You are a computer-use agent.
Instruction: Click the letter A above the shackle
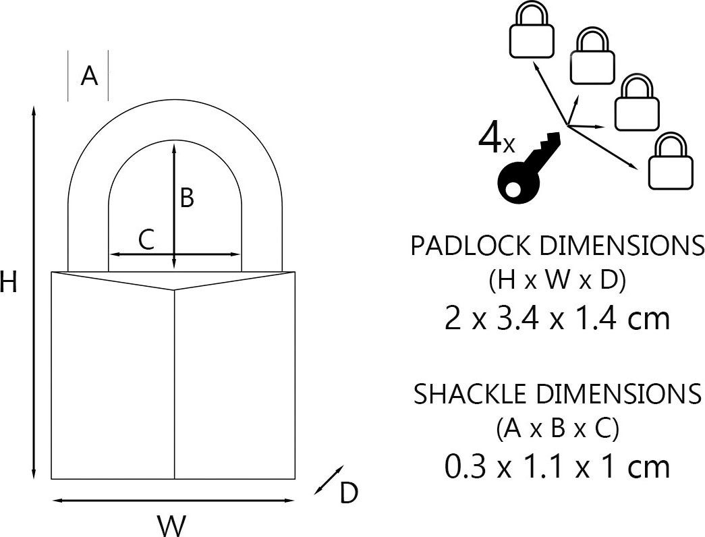(x=89, y=76)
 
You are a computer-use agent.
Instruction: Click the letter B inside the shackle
(x=187, y=198)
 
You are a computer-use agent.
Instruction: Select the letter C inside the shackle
(x=146, y=239)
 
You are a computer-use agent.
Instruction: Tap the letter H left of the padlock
(x=8, y=283)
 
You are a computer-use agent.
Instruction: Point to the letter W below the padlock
(x=171, y=526)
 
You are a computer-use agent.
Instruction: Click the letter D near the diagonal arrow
(x=349, y=493)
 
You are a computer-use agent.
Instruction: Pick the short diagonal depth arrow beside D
(x=329, y=480)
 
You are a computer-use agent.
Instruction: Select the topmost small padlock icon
(x=532, y=30)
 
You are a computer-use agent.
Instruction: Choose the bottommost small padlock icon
(x=671, y=161)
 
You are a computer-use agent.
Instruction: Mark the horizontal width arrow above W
(x=173, y=500)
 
